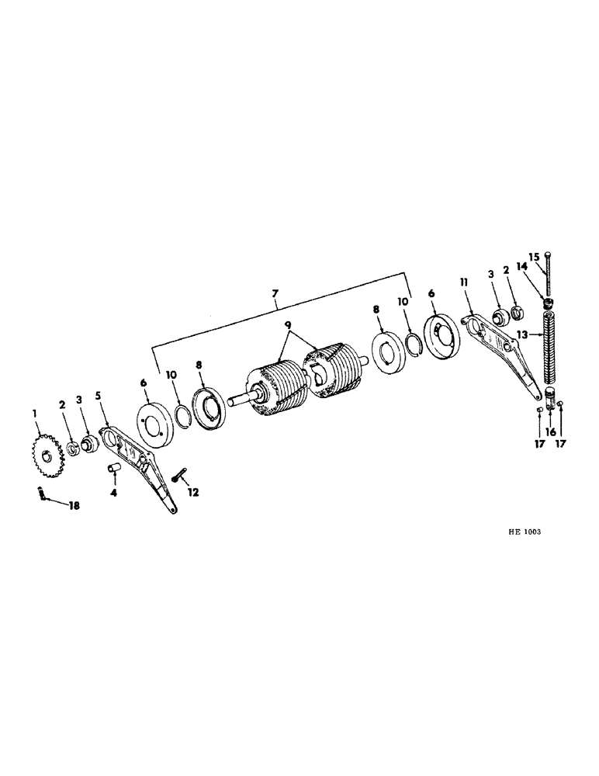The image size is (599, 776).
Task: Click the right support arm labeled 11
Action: (500, 342)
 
